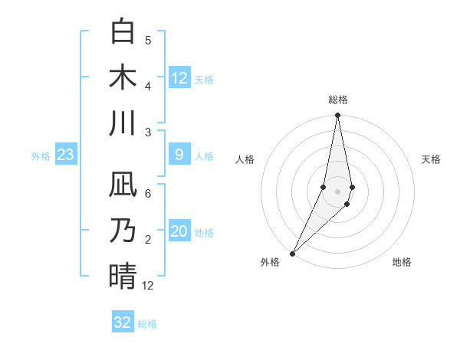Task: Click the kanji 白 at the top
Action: pos(123,32)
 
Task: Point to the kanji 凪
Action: pos(123,185)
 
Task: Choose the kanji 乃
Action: pos(123,231)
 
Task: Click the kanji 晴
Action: pos(123,276)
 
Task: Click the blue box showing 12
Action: pos(179,78)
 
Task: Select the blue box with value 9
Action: pos(179,155)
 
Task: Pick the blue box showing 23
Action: pos(65,155)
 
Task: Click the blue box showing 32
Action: pos(123,322)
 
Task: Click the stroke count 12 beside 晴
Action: pos(148,286)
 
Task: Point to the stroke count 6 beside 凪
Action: pos(148,194)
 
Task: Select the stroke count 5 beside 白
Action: pos(148,41)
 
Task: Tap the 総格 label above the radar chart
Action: pos(337,100)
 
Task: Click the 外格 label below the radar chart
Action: pos(270,262)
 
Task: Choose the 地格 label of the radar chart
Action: pos(402,262)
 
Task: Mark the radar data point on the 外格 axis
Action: pos(293,253)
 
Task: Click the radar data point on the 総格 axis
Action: pos(337,116)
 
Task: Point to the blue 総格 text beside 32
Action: pos(147,323)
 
